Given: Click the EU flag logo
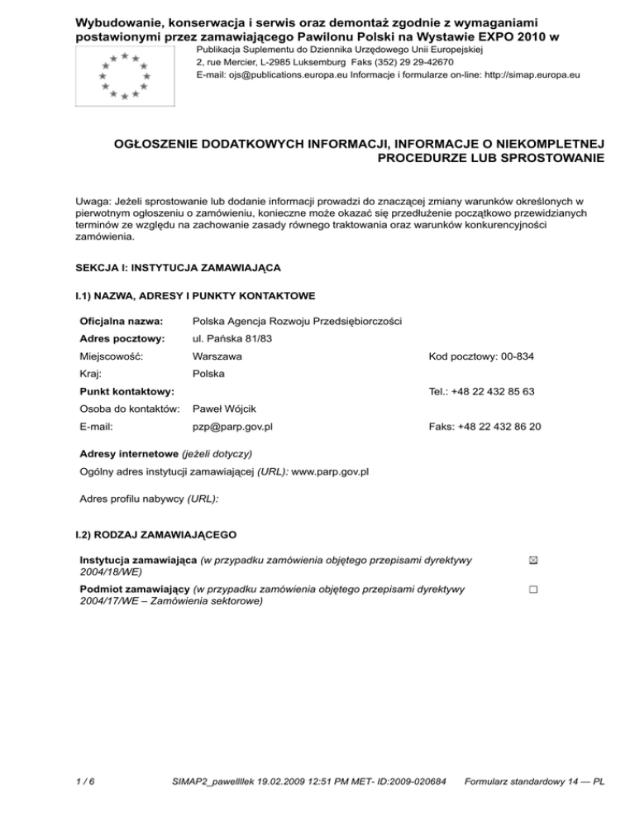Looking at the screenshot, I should pyautogui.click(x=123, y=75).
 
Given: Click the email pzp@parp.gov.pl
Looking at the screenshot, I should pyautogui.click(x=232, y=427).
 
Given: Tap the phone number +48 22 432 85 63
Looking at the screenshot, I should pyautogui.click(x=481, y=391).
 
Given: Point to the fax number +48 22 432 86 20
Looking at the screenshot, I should pyautogui.click(x=485, y=427).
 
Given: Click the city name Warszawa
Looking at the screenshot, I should pyautogui.click(x=217, y=356).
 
